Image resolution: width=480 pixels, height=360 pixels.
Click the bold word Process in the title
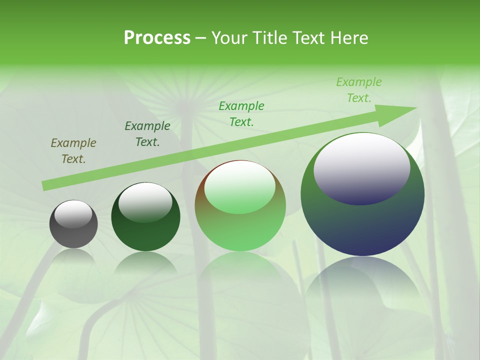157,38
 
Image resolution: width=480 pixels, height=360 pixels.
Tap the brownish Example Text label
73,151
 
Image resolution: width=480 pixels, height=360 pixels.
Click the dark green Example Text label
147,134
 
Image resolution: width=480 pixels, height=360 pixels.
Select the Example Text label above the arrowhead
359,90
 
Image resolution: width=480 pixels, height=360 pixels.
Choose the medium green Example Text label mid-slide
241,113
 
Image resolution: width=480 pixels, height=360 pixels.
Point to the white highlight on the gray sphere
73,214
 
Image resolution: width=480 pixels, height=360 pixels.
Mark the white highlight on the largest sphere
361,167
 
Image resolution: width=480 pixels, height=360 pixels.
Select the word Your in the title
230,38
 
